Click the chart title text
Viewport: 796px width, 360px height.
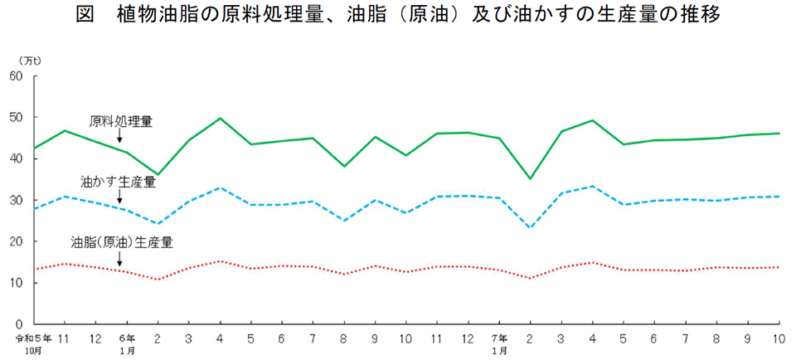pos(398,16)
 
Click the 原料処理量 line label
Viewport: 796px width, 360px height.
pos(120,121)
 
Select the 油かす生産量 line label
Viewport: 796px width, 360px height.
pos(118,180)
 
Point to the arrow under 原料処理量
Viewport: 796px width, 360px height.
pos(120,136)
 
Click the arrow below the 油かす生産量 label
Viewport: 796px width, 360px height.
pos(120,196)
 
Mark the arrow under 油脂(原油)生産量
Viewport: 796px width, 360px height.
pos(120,259)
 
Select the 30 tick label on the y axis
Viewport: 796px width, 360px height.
pos(16,200)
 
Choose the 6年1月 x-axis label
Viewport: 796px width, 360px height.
pos(126,343)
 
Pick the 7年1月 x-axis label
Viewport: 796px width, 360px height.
pos(499,343)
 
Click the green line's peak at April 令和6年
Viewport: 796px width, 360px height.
pos(221,119)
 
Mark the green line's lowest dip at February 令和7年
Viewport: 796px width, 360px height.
pos(531,178)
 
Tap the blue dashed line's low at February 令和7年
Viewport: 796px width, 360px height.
pos(531,227)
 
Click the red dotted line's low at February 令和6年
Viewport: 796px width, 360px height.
pos(158,279)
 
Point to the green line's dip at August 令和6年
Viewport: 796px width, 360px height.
pos(344,167)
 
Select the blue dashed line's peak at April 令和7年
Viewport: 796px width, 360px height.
pos(593,187)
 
